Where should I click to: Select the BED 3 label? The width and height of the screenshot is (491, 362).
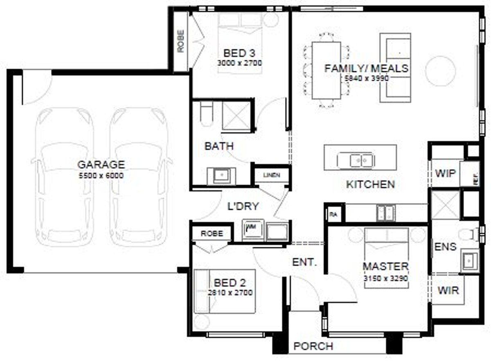point(239,53)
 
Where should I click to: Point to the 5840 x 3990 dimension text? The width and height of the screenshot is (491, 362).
point(366,78)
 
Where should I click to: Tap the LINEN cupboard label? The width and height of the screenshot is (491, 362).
point(272,175)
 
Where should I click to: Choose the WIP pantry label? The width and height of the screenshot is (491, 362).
point(445,173)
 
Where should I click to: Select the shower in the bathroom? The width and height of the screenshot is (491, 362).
point(236,115)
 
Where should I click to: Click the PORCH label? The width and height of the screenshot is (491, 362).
point(313,346)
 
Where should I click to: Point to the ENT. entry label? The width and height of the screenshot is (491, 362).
point(304,262)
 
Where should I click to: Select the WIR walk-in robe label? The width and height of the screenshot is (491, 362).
point(448,290)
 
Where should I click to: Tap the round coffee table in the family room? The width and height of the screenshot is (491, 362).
point(440,71)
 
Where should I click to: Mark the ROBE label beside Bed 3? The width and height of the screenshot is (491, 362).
point(180,41)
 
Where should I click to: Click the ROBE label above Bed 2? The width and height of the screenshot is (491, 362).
point(212,234)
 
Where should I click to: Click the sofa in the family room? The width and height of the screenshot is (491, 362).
point(395,68)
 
